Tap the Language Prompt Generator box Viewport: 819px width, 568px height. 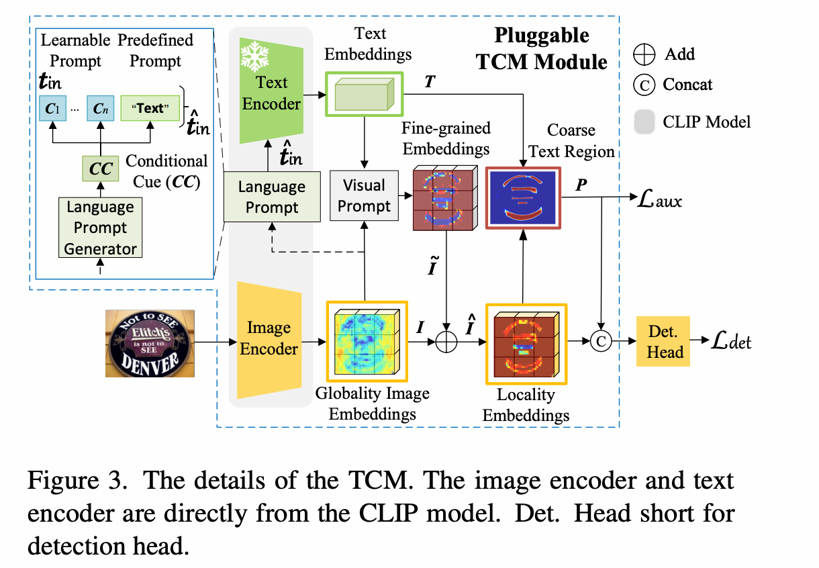tap(101, 228)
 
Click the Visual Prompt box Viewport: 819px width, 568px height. tap(364, 195)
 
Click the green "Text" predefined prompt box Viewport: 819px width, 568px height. tap(150, 107)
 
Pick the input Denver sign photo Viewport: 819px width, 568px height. tap(150, 343)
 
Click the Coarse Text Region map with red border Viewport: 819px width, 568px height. tap(523, 195)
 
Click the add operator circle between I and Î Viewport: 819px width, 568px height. tap(446, 342)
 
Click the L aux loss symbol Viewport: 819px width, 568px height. tap(660, 198)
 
